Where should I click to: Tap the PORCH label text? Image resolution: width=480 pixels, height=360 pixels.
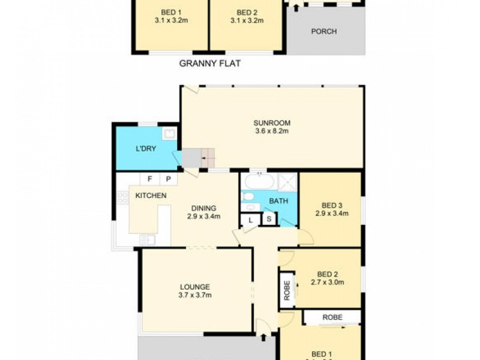pyautogui.click(x=323, y=32)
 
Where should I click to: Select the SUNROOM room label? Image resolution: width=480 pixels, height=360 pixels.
pyautogui.click(x=271, y=123)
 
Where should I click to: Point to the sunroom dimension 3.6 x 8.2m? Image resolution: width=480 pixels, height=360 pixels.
pyautogui.click(x=271, y=131)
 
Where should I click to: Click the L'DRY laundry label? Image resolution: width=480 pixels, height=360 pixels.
pyautogui.click(x=145, y=149)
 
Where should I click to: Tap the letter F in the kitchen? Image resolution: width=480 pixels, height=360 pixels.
pyautogui.click(x=149, y=179)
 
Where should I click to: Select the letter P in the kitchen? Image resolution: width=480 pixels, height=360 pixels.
pyautogui.click(x=168, y=179)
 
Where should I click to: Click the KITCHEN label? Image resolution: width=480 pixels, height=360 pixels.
pyautogui.click(x=151, y=196)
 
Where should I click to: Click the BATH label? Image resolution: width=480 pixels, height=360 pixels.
pyautogui.click(x=278, y=201)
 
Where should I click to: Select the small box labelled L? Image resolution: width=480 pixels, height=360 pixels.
pyautogui.click(x=250, y=220)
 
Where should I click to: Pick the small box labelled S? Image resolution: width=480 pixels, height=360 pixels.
pyautogui.click(x=269, y=220)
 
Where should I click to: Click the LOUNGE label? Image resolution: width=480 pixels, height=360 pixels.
pyautogui.click(x=194, y=286)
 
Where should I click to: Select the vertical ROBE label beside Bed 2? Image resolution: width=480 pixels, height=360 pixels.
pyautogui.click(x=287, y=290)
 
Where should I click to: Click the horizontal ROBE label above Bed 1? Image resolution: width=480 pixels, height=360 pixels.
pyautogui.click(x=332, y=316)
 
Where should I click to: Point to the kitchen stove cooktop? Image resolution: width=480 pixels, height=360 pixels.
pyautogui.click(x=122, y=197)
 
